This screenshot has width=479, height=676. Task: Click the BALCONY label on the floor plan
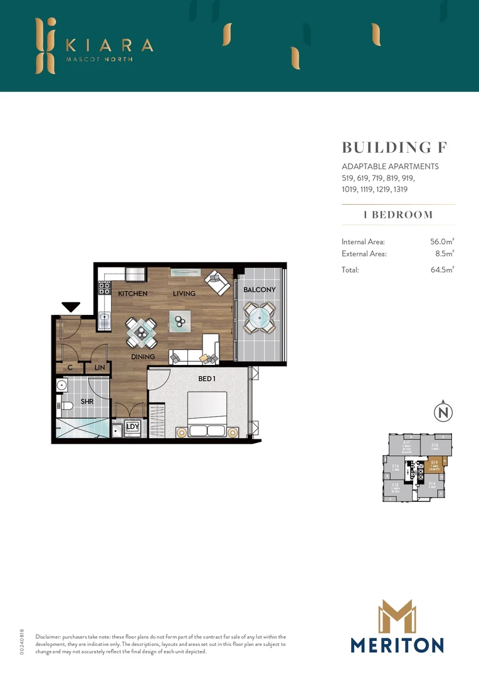(x=260, y=290)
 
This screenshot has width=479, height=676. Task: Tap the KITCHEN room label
(x=133, y=294)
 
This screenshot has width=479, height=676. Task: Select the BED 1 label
(x=207, y=379)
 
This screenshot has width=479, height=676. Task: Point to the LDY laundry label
(x=132, y=427)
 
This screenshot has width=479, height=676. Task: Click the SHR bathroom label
(x=87, y=402)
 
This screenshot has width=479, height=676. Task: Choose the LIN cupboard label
(x=100, y=368)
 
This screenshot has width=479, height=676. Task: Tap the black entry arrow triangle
(x=71, y=307)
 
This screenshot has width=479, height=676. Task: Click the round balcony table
(x=259, y=317)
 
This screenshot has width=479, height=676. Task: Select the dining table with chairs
(x=142, y=332)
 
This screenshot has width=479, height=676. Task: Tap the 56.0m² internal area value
(x=441, y=242)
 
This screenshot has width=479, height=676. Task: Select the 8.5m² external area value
(x=444, y=254)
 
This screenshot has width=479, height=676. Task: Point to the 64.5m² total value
(x=441, y=270)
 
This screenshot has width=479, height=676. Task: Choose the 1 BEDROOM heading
(x=398, y=215)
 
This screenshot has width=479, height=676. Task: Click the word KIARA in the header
(x=109, y=46)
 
